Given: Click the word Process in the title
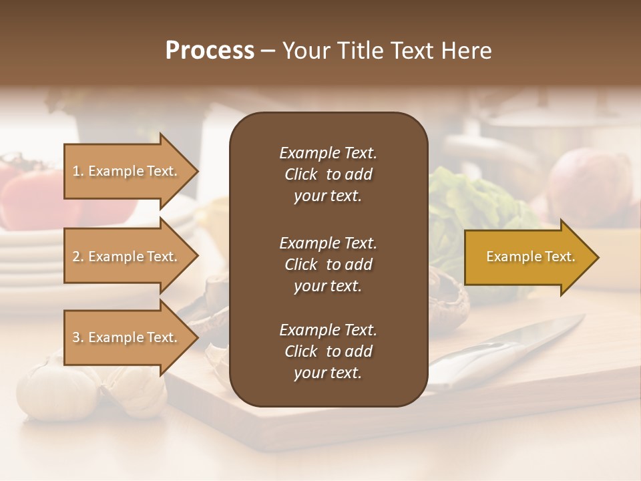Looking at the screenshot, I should pos(210,51).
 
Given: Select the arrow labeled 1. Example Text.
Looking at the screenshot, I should pos(130,171).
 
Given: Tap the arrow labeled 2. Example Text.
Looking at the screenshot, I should pos(130,257).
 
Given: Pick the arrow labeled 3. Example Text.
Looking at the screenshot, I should pos(130,337).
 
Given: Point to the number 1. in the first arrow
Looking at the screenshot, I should pos(78,171).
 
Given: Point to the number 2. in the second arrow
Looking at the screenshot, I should pos(78,257).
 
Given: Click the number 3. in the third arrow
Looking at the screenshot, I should pos(78,337).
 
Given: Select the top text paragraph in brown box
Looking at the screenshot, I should pos(328,174).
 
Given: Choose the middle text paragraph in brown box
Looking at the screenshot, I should pos(328,264).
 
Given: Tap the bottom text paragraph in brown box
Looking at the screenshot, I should pos(328,351).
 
